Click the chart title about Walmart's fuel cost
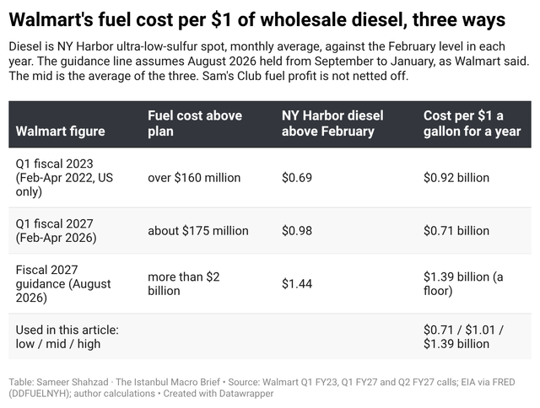tap(256, 19)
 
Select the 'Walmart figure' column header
tap(60, 131)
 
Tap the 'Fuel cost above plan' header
tap(195, 123)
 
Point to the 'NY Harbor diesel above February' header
tap(332, 123)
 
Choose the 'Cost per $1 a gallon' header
tap(472, 123)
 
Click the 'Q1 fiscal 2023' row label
tap(64, 178)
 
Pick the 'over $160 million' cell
tap(194, 178)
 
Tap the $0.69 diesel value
tap(297, 178)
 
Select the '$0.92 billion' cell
tap(456, 178)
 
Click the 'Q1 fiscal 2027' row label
tap(57, 230)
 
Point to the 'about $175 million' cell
tap(198, 230)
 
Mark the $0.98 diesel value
tap(297, 230)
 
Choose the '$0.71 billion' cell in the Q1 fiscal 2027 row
tap(456, 230)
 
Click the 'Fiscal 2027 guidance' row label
tap(63, 284)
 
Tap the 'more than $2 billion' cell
tap(184, 284)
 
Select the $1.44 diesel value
tap(297, 284)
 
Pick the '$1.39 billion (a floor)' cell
tap(463, 284)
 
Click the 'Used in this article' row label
tap(67, 337)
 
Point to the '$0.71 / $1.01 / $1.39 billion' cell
tap(463, 337)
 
